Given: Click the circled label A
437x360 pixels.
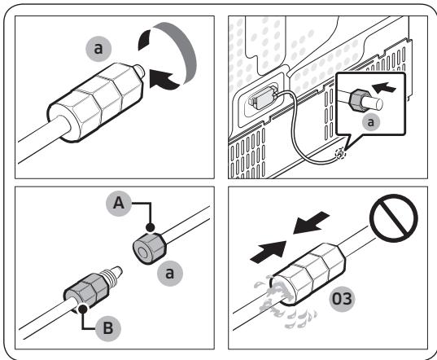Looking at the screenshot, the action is (119, 204).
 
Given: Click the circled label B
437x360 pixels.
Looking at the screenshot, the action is (108, 328).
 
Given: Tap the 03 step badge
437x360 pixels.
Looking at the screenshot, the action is (343, 299).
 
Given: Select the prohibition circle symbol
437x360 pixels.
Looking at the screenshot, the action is (394, 218).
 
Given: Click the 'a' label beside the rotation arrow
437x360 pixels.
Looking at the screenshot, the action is (98, 49).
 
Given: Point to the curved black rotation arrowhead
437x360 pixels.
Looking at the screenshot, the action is (163, 80).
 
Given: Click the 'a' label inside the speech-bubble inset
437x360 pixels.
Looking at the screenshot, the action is (371, 122).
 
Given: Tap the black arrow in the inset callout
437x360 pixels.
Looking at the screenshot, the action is (384, 87).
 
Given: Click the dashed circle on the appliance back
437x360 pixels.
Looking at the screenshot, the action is (340, 154).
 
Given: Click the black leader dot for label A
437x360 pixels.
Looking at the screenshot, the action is (151, 227).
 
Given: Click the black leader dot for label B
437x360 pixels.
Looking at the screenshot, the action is (82, 309).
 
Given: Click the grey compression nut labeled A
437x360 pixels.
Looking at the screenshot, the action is (150, 248).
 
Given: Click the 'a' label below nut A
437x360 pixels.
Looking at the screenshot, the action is (170, 273).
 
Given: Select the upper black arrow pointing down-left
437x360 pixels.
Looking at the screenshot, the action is (312, 223).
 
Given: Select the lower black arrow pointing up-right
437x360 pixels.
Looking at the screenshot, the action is (269, 252).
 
